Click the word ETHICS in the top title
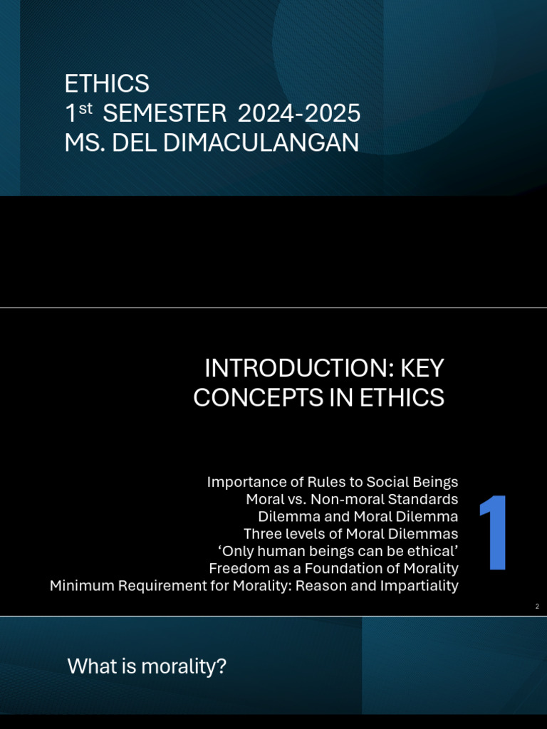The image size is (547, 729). [x=107, y=84]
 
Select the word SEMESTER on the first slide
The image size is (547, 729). [x=167, y=113]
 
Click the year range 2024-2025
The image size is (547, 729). [x=298, y=113]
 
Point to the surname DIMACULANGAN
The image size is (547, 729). [x=261, y=143]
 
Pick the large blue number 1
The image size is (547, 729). [x=493, y=533]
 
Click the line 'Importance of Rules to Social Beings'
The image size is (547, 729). [x=332, y=482]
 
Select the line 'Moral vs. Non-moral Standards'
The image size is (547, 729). [x=351, y=499]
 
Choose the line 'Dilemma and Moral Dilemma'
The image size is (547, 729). [x=358, y=516]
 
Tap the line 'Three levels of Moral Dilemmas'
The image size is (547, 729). [x=350, y=533]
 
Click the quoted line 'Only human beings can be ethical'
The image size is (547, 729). [x=337, y=550]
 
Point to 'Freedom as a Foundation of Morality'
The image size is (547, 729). [x=333, y=568]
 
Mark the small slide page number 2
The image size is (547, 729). [x=537, y=606]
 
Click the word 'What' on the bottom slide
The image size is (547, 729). [x=90, y=667]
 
